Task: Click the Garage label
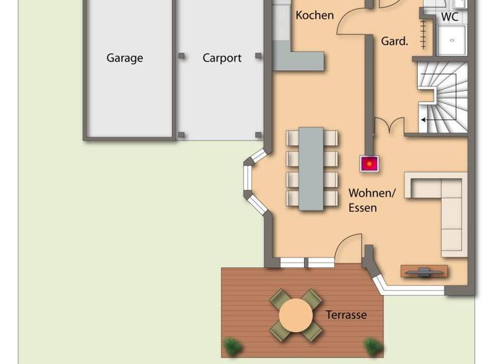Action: tap(125, 58)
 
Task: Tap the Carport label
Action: tap(222, 58)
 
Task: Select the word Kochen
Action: tap(314, 15)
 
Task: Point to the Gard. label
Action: tap(394, 41)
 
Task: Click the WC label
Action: tap(450, 16)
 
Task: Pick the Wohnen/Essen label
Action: tap(372, 200)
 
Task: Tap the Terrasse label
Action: tap(346, 315)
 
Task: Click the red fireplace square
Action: tap(370, 163)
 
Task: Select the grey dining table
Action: tap(311, 168)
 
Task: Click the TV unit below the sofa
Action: tap(424, 271)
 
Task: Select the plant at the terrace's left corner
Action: tap(231, 345)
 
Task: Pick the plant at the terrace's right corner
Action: tap(373, 345)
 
